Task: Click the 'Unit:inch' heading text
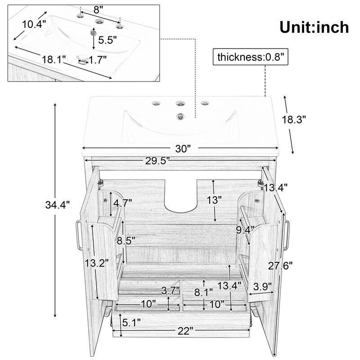tap(314, 27)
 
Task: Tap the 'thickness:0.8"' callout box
tap(250, 57)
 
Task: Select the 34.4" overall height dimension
tap(58, 205)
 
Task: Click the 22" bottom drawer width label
tap(184, 332)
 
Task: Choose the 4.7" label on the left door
tap(122, 203)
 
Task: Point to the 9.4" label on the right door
tap(245, 231)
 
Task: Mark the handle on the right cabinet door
tap(287, 235)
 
